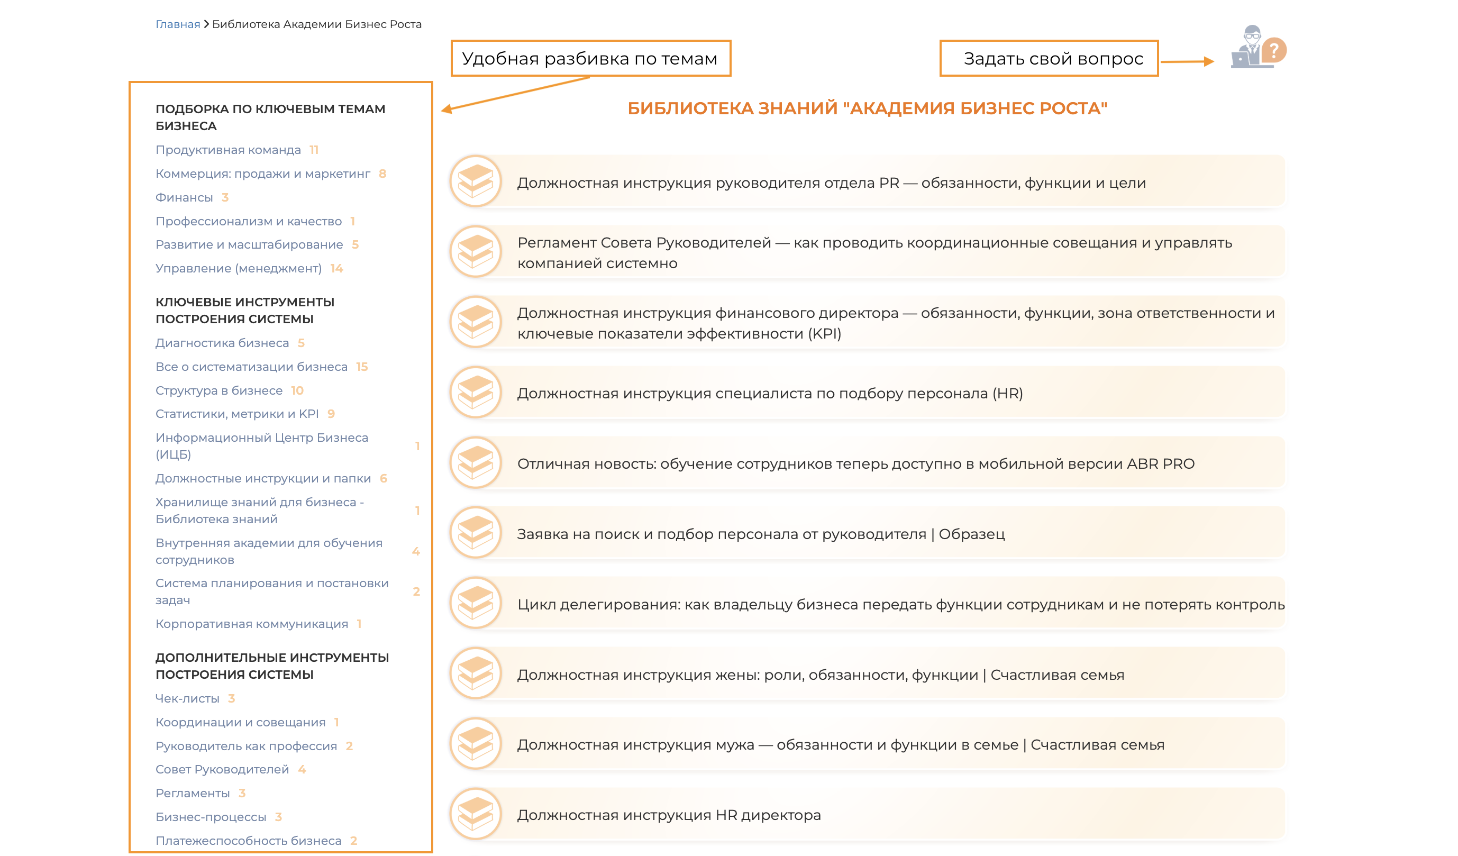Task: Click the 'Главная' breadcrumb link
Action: (x=178, y=24)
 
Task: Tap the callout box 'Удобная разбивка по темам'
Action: (x=590, y=58)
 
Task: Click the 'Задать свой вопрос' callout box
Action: (x=1048, y=58)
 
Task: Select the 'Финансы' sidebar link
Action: (x=184, y=198)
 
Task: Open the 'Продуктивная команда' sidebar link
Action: (x=228, y=150)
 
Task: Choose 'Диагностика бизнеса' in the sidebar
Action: (x=222, y=343)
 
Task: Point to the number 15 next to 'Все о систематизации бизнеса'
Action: (x=362, y=367)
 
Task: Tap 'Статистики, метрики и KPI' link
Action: (x=237, y=414)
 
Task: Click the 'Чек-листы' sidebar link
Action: (x=187, y=698)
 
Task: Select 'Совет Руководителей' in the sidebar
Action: (x=222, y=769)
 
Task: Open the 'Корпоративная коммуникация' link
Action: (x=252, y=624)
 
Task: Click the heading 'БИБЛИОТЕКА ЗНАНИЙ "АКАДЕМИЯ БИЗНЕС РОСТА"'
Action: (x=867, y=108)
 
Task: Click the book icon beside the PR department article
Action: (x=476, y=182)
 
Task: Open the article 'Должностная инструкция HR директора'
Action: (x=669, y=815)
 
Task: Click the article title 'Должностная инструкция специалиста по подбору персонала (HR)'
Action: (x=770, y=394)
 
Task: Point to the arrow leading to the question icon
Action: (x=1187, y=61)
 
